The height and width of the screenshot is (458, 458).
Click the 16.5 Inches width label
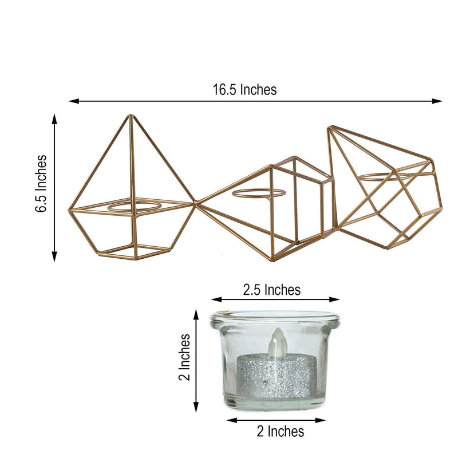tap(244, 90)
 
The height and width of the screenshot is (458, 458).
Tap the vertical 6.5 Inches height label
tap(41, 184)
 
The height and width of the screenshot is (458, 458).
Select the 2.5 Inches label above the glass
tap(271, 290)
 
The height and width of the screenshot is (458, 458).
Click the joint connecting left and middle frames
tap(196, 202)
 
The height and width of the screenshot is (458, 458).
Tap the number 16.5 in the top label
tap(225, 90)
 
